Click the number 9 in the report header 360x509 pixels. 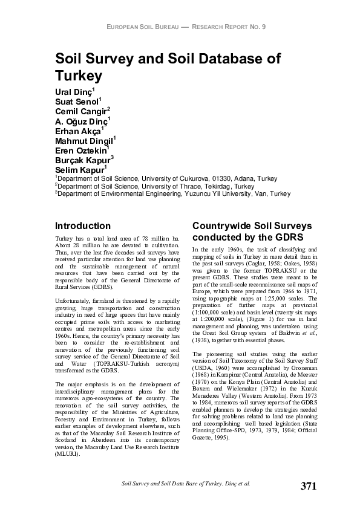[264, 27]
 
